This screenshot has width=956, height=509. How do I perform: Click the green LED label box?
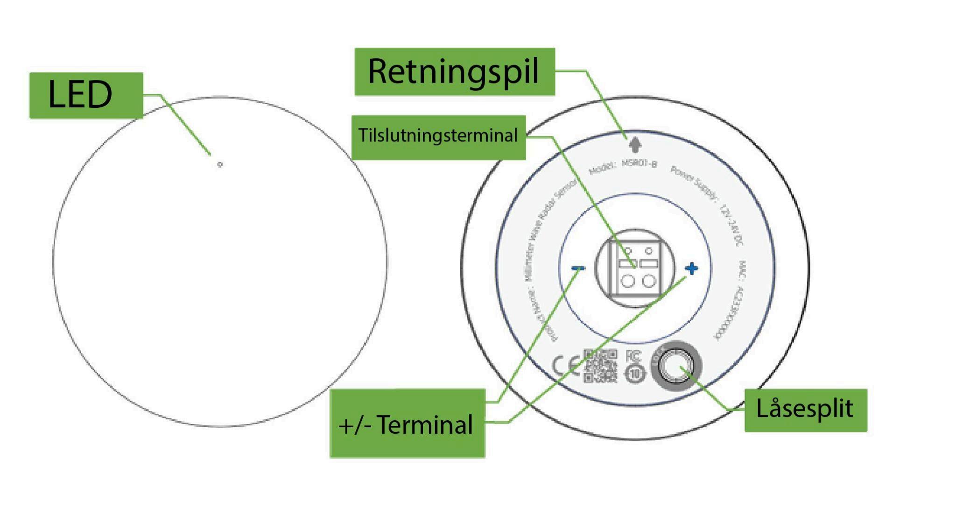[86, 95]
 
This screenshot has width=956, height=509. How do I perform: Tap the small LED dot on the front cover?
[220, 164]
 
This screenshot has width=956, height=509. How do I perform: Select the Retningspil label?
[455, 72]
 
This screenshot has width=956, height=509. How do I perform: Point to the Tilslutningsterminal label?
[438, 136]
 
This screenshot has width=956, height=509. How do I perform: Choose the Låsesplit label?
[805, 410]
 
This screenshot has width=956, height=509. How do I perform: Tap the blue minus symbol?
[578, 269]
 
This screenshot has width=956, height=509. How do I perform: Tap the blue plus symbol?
[691, 269]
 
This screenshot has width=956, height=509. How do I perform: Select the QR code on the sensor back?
[600, 366]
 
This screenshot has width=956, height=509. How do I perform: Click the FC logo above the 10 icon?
[633, 356]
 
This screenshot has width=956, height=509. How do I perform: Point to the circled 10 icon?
[635, 374]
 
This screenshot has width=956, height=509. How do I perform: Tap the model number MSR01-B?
[640, 164]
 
